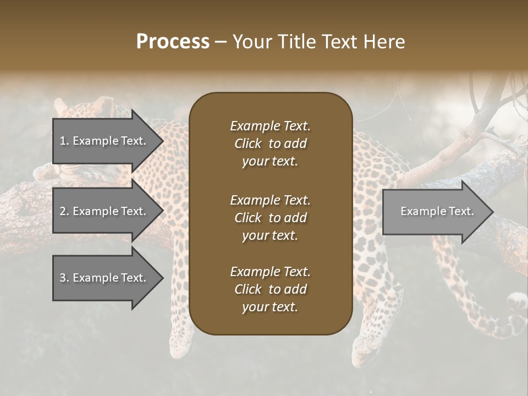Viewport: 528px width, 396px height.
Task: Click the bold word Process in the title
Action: pos(173,42)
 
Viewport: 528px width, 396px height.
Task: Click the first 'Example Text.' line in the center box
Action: pos(270,126)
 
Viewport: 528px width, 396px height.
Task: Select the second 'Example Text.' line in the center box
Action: pos(270,200)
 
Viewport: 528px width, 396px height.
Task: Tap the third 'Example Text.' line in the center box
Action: pos(270,272)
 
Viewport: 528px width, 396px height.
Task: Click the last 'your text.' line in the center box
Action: pos(270,307)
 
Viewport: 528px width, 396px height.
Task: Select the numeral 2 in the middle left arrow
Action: pos(63,211)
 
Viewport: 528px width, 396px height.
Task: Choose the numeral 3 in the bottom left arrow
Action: pos(63,278)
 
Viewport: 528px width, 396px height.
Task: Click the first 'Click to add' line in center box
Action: pos(270,144)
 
